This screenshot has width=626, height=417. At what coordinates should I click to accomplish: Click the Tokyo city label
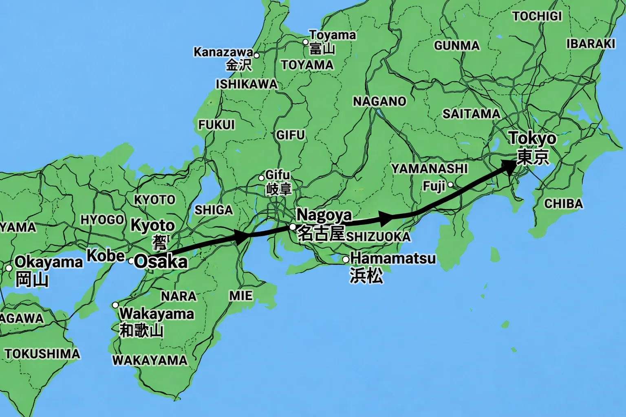tap(532, 138)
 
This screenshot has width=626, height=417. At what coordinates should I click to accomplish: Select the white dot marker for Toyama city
tap(305, 42)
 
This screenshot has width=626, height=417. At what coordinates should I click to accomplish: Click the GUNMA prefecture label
tap(456, 45)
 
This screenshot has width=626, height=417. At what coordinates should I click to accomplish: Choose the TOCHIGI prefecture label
tap(537, 16)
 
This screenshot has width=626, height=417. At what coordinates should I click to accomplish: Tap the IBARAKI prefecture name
tap(591, 44)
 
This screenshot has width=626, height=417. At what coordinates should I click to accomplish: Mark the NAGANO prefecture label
tap(379, 101)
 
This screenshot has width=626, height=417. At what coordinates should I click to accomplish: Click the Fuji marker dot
tap(450, 185)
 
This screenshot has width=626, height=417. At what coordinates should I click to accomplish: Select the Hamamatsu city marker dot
tap(346, 259)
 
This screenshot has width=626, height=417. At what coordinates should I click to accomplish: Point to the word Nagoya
tap(324, 215)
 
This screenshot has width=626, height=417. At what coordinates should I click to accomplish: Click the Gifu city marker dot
tap(262, 178)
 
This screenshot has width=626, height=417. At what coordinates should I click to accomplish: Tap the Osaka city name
tap(161, 261)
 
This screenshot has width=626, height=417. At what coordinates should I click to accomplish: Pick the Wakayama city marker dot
tap(115, 305)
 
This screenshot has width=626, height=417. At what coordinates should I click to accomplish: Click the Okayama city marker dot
tap(9, 268)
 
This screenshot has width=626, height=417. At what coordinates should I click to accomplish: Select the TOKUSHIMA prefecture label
tap(42, 353)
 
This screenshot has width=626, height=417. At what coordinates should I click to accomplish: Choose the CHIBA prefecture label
tap(563, 203)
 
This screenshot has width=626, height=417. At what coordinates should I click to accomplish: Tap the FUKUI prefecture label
tap(216, 124)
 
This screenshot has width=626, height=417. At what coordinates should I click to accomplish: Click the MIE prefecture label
tap(241, 295)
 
